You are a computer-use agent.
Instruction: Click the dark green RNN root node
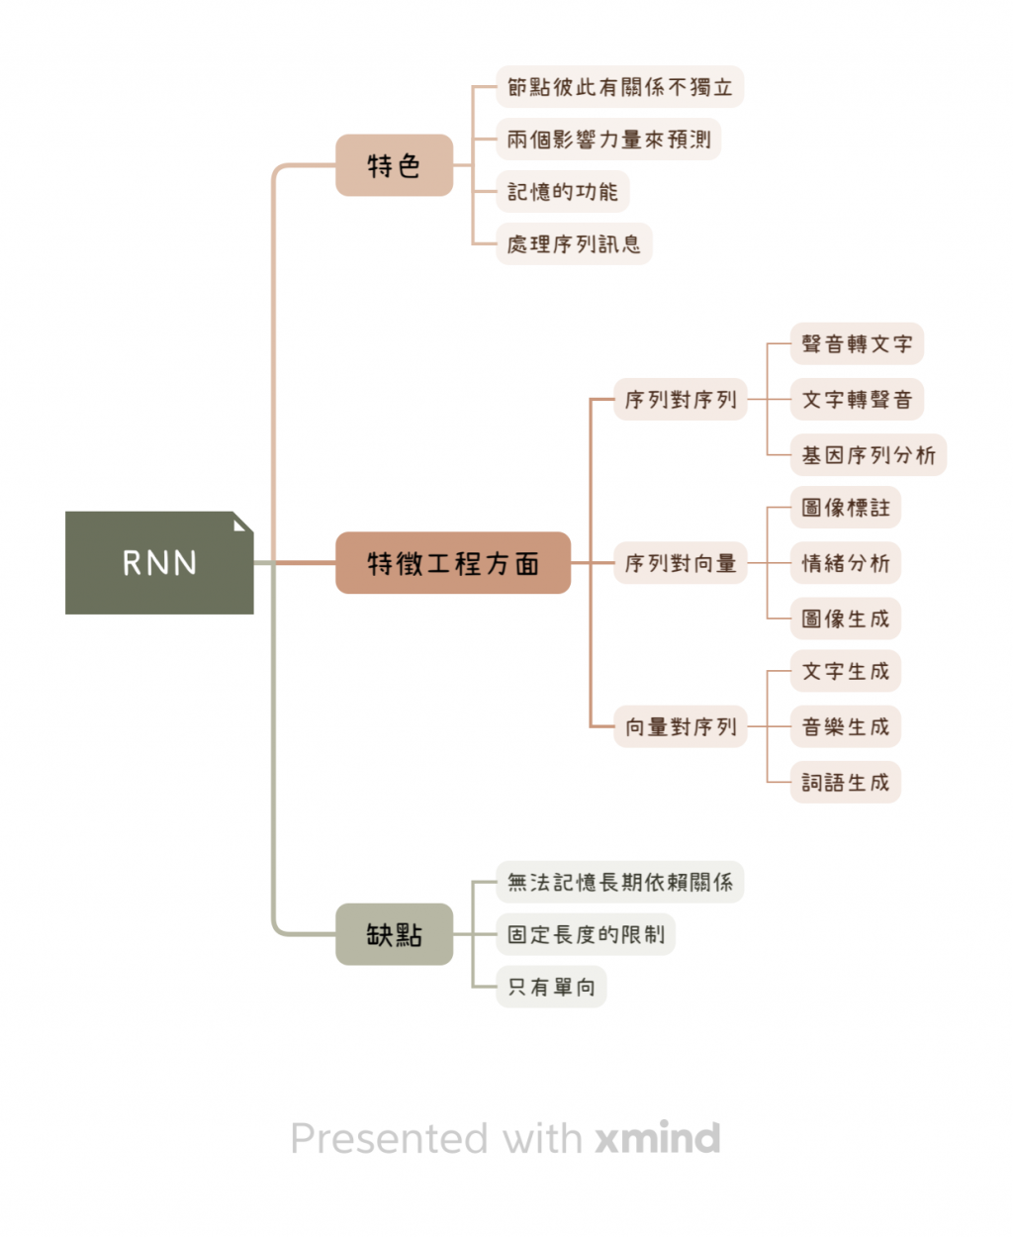pos(159,562)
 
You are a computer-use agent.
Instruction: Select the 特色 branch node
pos(394,165)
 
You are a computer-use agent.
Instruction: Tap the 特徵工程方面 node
pos(453,563)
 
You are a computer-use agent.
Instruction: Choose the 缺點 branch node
pos(394,934)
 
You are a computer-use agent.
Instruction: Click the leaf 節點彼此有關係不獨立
pos(619,87)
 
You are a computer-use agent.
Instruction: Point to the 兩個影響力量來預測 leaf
pos(608,140)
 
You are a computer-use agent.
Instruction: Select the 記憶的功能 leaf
pos(562,192)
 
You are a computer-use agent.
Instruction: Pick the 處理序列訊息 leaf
pos(574,243)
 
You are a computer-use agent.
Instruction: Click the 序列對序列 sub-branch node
pos(681,400)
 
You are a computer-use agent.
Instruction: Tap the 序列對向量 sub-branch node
pos(681,563)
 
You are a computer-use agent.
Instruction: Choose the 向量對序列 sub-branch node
pos(681,727)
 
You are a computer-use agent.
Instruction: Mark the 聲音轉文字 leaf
pos(857,344)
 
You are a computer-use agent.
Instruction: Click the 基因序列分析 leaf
pos(869,455)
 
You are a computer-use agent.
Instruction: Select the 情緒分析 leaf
pos(846,563)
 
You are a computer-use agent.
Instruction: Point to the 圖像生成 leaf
pos(846,618)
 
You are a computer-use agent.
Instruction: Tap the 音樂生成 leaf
pos(846,727)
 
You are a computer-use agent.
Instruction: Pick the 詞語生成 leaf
pos(846,783)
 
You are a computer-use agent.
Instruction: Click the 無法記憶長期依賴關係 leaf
pos(619,882)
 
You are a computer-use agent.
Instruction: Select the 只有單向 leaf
pos(551,987)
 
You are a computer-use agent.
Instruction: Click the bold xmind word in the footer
pos(658,1139)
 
